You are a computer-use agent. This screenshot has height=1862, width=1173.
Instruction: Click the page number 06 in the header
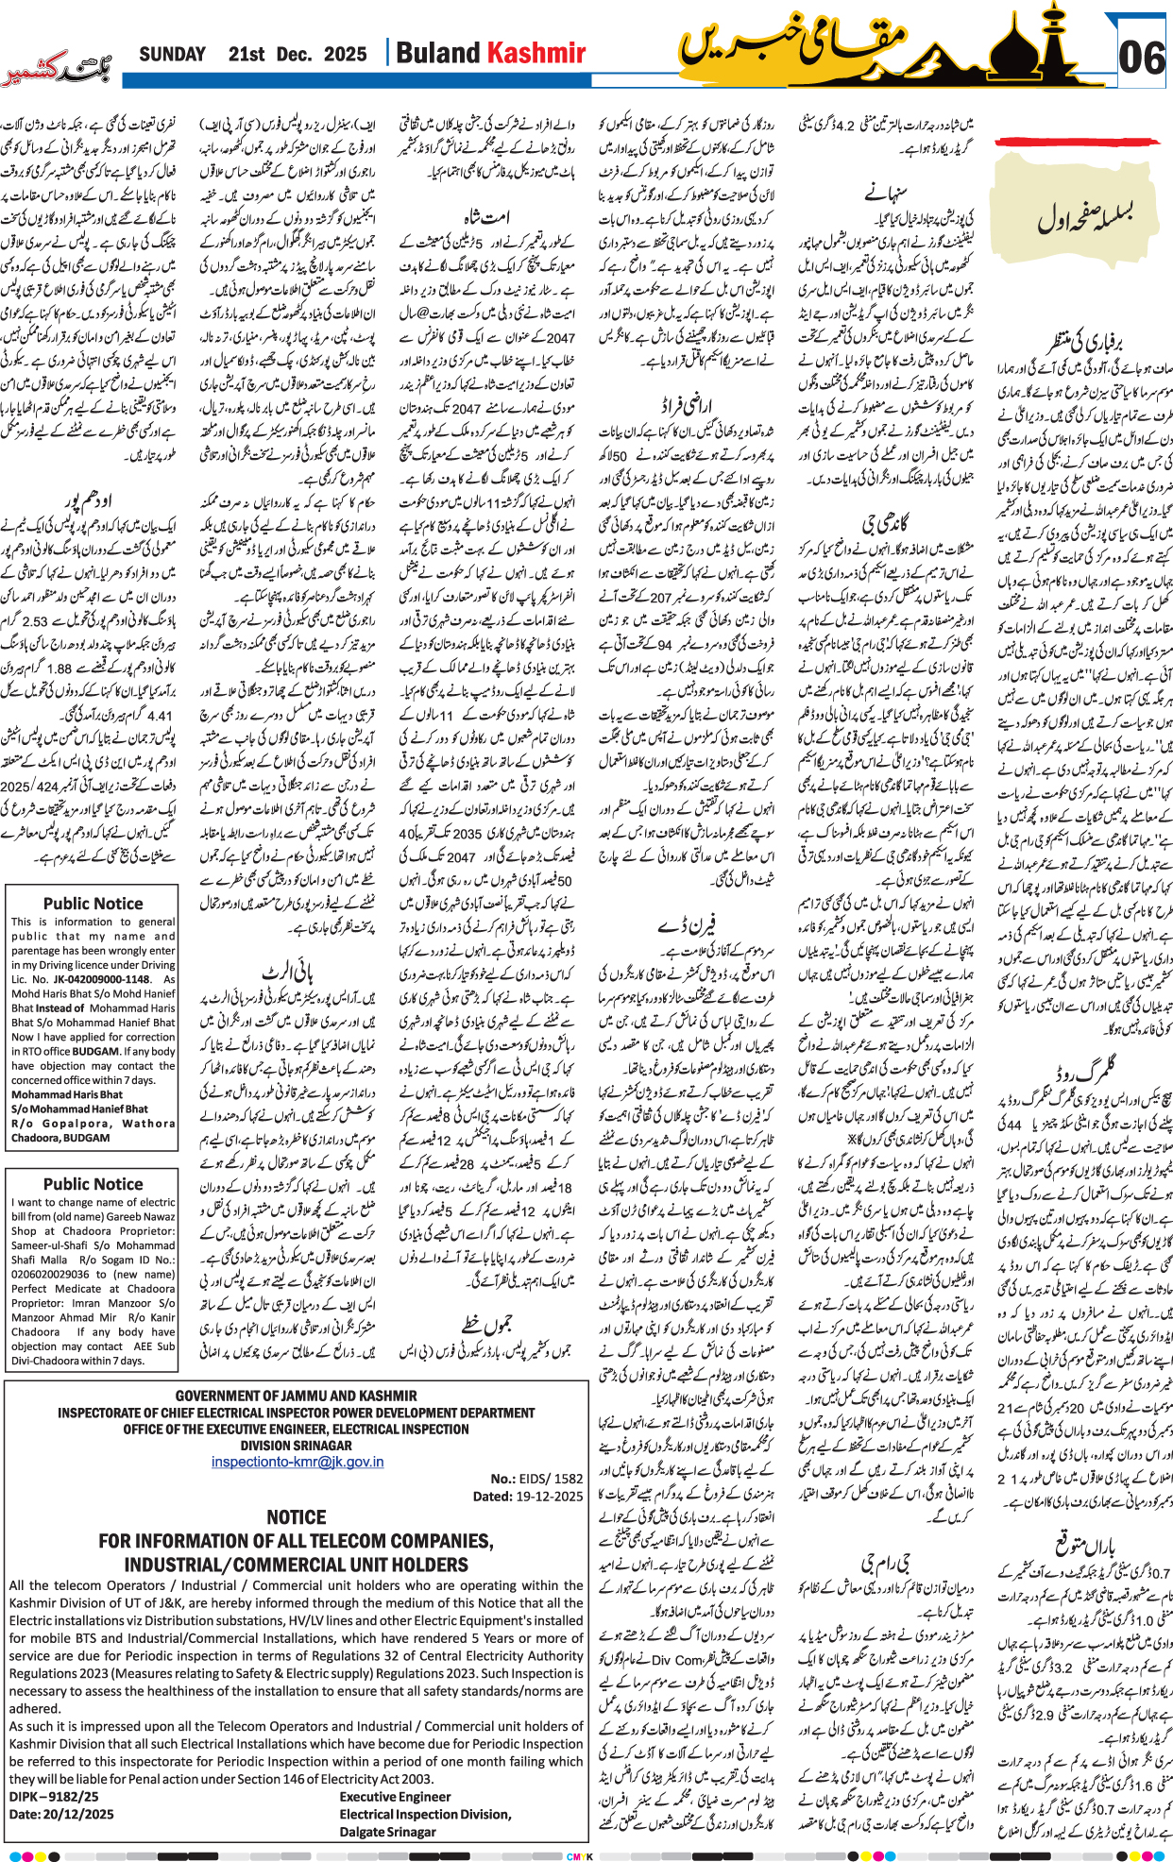[x=1141, y=58]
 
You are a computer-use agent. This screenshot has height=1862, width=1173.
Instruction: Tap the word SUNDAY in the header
[x=172, y=54]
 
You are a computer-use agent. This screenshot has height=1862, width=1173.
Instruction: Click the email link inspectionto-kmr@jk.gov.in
[x=297, y=1462]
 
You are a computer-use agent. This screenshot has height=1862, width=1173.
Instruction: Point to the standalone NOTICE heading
[x=296, y=1516]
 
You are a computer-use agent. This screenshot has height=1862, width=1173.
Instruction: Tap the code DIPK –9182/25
[x=54, y=1797]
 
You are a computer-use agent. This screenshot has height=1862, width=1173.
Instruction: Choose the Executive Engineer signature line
[x=395, y=1797]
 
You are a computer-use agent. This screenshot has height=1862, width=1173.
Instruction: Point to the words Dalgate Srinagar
[x=387, y=1832]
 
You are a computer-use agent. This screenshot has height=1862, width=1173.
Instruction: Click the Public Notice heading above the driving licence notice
[x=93, y=904]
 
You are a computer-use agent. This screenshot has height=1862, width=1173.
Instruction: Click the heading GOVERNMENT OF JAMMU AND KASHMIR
[x=296, y=1396]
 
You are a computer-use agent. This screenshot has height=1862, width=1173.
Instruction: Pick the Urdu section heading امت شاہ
[x=488, y=216]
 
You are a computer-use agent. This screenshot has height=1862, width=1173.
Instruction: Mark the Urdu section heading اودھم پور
[x=88, y=498]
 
